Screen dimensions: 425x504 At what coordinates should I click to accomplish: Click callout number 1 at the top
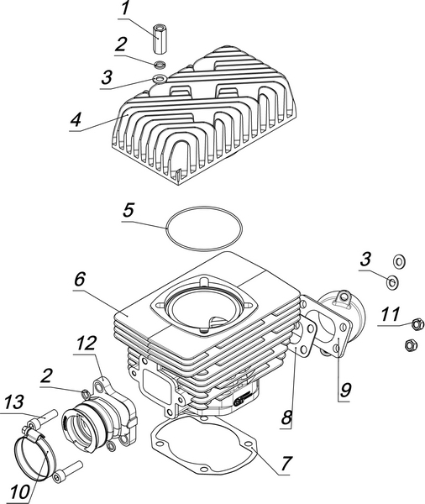125,8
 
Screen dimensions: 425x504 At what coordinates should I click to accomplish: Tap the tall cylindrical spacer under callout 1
159,39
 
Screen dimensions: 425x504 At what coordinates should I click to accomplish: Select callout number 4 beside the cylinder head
76,119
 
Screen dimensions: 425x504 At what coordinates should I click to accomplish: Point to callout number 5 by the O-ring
128,211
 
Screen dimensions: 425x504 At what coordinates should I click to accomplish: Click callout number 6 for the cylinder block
80,279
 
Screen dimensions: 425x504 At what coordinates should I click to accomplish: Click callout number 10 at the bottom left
20,491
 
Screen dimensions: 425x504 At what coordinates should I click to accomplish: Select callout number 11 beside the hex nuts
391,315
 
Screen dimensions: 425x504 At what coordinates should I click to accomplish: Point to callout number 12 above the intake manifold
87,344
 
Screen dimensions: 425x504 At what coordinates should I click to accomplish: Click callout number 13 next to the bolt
13,402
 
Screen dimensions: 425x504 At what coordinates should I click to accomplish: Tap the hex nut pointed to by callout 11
417,324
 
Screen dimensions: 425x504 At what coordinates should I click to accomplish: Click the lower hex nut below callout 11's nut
410,345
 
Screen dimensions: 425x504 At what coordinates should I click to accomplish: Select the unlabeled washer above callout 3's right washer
400,261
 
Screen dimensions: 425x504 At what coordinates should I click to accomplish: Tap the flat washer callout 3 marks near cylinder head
160,78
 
